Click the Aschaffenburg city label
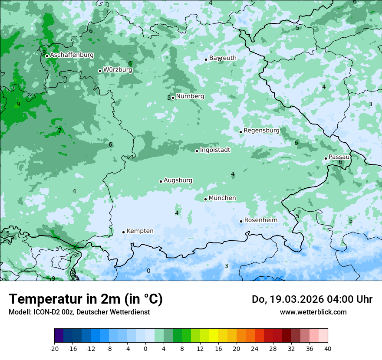point(72,55)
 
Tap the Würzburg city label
point(118,70)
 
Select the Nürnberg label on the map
point(190,96)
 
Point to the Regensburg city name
point(261,131)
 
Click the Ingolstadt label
point(215,150)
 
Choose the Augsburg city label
point(178,180)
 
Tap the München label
point(222,198)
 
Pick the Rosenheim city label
point(260,220)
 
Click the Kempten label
point(140,231)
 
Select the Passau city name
point(339,157)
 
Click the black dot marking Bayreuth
point(206,59)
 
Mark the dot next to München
point(206,199)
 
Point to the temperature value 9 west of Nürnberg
point(18,105)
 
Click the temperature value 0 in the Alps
point(148,271)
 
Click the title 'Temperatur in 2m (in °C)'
point(86,299)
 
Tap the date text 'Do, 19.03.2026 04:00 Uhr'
point(312,299)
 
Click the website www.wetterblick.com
point(313,312)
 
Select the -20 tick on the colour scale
point(54,349)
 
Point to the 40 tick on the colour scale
point(327,349)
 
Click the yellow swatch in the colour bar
point(214,336)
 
